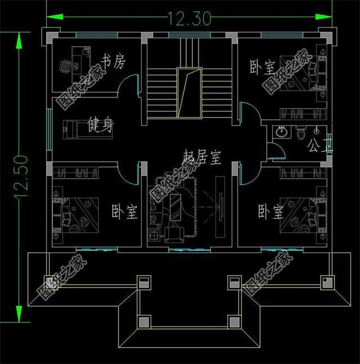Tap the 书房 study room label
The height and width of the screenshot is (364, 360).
[112, 61]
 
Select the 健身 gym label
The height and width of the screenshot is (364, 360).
[100, 125]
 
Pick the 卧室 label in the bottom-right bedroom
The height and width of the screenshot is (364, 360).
[270, 212]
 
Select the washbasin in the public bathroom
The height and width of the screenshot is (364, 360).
[281, 133]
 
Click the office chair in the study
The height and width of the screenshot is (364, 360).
[66, 67]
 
